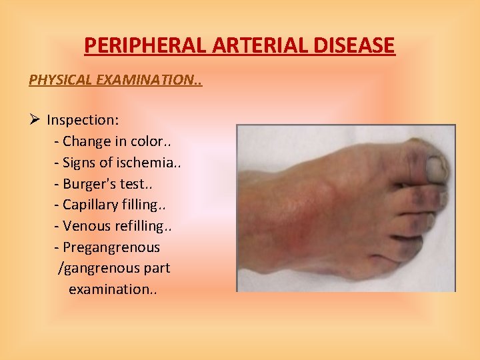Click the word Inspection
[82, 120]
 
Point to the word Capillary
[90, 205]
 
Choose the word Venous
[86, 226]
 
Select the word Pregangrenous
[111, 247]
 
